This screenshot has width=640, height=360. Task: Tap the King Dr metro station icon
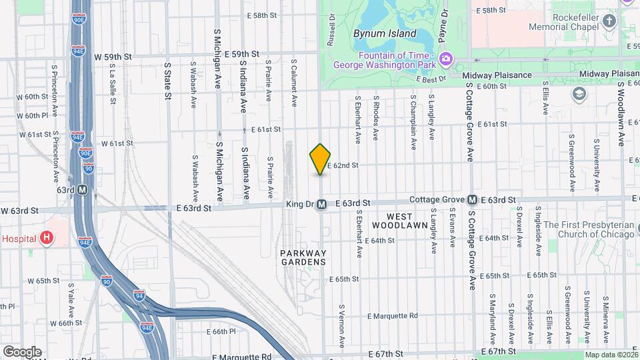click(321, 204)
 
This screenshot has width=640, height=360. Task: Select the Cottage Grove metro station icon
click(472, 200)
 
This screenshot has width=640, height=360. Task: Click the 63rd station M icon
click(83, 190)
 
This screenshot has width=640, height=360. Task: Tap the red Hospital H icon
click(46, 237)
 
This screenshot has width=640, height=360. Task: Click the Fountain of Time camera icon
click(445, 60)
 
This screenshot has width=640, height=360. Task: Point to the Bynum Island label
click(385, 33)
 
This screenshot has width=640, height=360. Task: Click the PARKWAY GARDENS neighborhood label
click(303, 257)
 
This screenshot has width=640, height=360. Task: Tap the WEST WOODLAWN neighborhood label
click(400, 221)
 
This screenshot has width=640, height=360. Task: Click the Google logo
click(22, 352)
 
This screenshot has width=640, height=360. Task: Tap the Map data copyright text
click(611, 355)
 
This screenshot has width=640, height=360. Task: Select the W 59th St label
click(112, 57)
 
